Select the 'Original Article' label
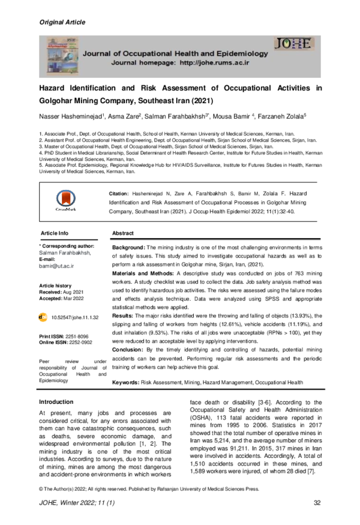click(62, 22)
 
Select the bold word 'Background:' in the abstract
click(129, 247)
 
